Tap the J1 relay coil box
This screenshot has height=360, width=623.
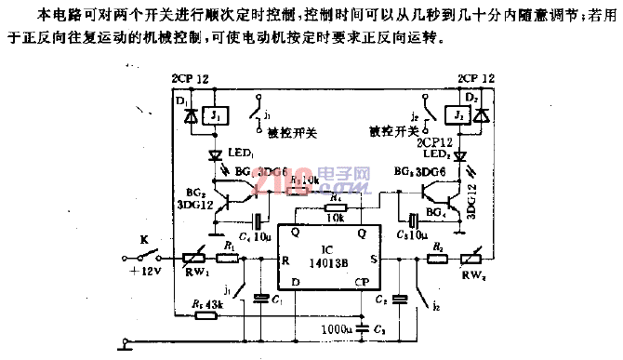point(214,117)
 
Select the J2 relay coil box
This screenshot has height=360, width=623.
point(457,117)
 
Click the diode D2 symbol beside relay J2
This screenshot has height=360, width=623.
point(483,116)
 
